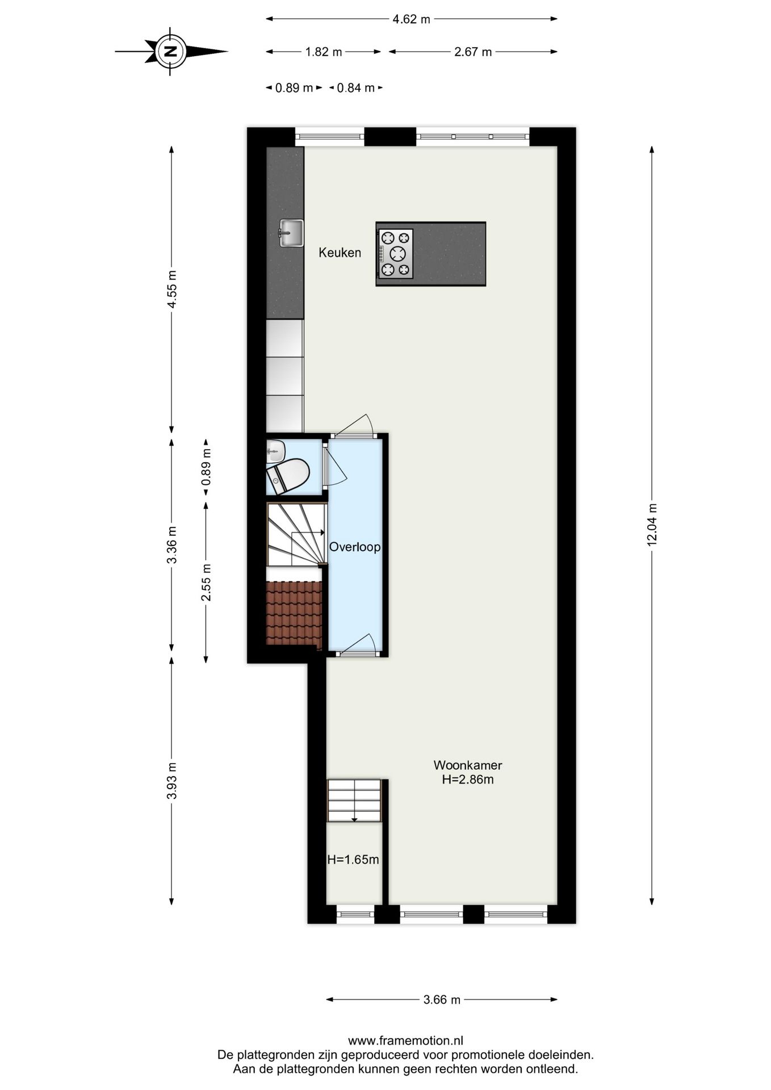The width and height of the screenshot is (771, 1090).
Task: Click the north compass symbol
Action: tap(170, 51)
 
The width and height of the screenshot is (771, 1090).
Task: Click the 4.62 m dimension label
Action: tap(411, 19)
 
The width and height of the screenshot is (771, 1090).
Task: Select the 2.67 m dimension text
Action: tap(472, 52)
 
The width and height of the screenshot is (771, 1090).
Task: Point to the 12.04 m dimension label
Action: tap(652, 525)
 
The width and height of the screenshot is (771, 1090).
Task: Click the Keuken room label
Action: tap(340, 253)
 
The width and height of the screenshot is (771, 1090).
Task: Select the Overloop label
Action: tap(355, 547)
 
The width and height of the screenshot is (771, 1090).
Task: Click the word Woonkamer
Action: tap(467, 765)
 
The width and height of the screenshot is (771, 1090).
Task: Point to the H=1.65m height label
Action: tap(353, 860)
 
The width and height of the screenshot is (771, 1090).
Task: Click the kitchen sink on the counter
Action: tap(291, 233)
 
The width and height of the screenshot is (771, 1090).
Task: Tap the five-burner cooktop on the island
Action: tap(396, 253)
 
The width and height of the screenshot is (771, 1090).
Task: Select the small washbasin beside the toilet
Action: tap(275, 451)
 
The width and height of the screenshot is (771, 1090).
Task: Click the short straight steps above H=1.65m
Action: tap(354, 800)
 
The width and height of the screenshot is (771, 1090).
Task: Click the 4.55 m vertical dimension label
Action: tap(171, 288)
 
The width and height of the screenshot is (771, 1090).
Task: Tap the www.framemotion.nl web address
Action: tap(405, 1041)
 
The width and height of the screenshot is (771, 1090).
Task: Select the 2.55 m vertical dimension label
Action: tap(206, 582)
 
